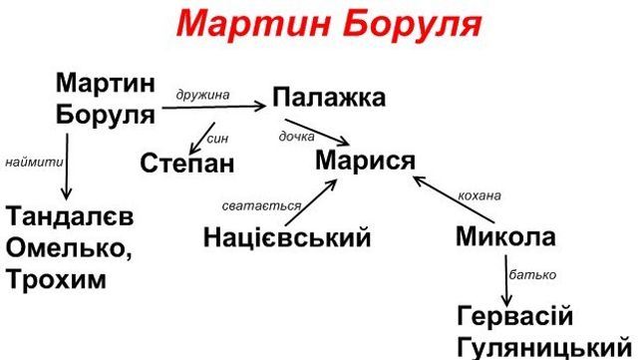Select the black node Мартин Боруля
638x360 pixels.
pos(106,98)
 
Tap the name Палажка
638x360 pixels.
pos(328,100)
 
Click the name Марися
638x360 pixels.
pos(365,159)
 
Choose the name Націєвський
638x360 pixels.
pos(286,237)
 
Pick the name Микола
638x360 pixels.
pos(505,237)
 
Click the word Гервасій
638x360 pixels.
pos(515,317)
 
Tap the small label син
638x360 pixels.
pos(218,139)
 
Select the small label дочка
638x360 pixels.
pos(297,136)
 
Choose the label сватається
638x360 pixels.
pos(261,205)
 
